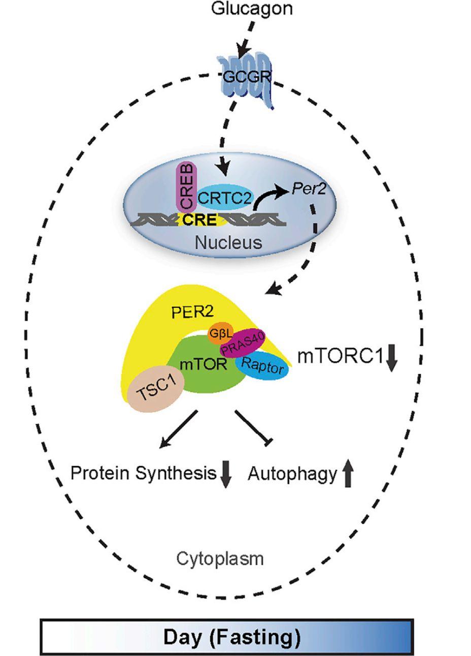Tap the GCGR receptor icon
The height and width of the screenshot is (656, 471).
click(246, 79)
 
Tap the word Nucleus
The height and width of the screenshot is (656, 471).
click(228, 242)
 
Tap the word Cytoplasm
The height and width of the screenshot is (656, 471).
click(220, 559)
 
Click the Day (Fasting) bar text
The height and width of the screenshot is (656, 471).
click(231, 636)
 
